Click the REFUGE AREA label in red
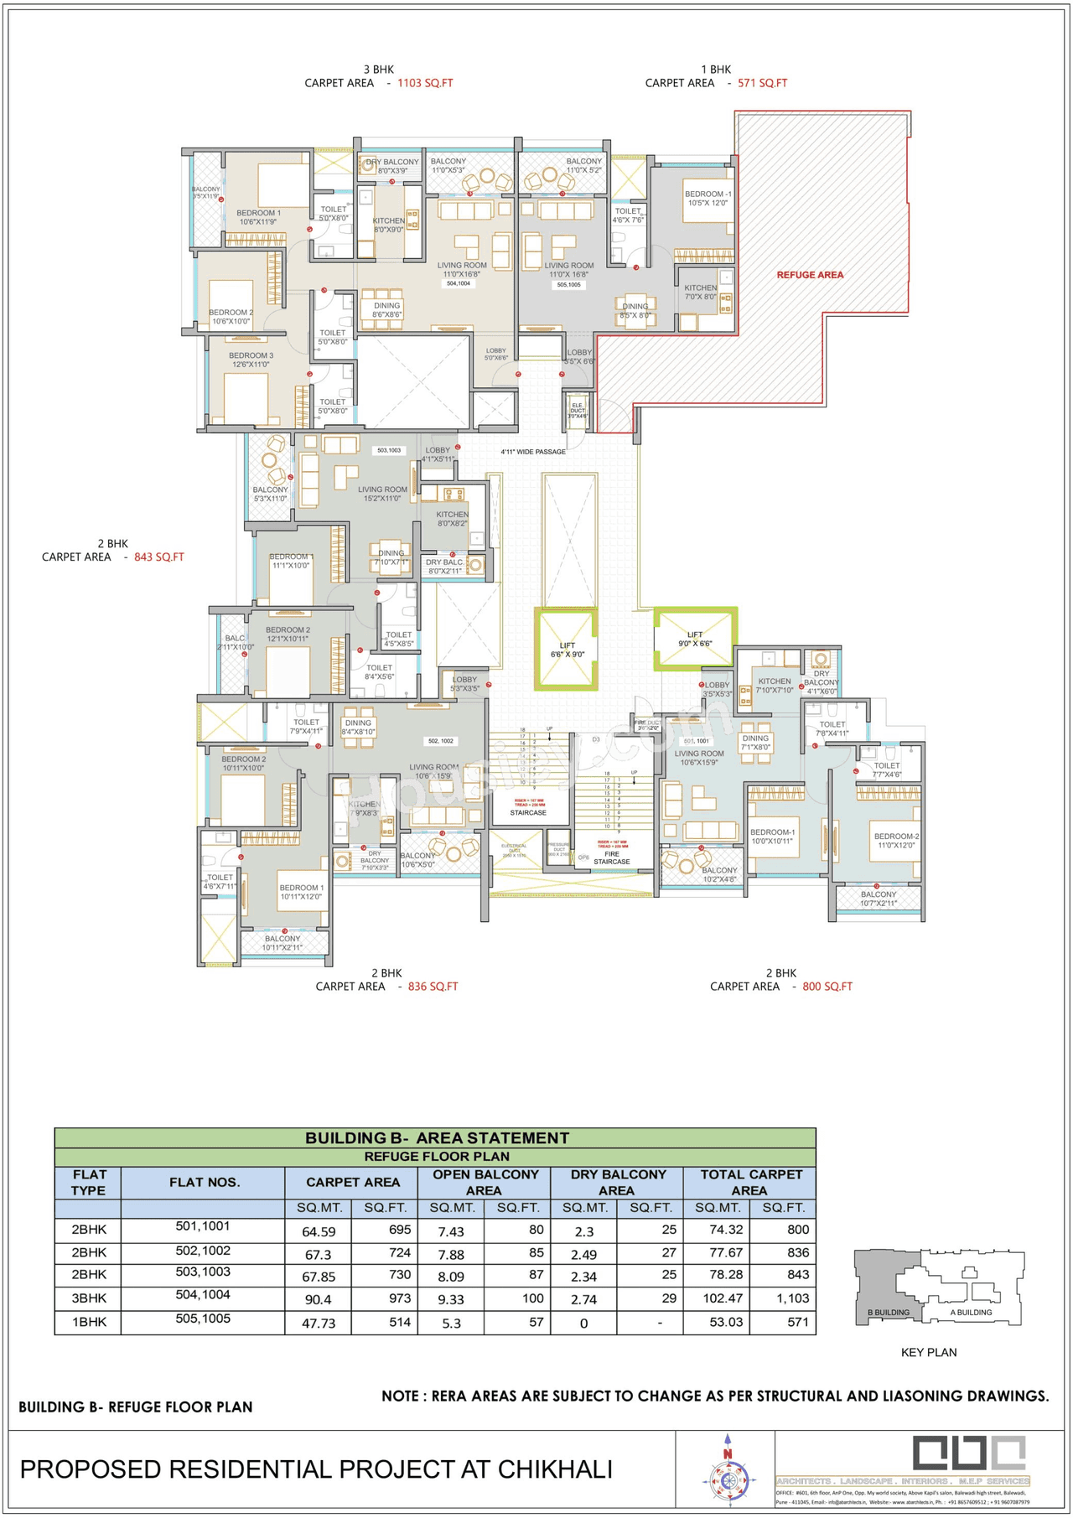pyautogui.click(x=809, y=275)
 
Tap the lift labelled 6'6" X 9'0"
pyautogui.click(x=567, y=650)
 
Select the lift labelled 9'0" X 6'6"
pyautogui.click(x=695, y=640)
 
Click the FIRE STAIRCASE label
pyautogui.click(x=611, y=857)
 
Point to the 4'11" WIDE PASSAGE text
pyautogui.click(x=533, y=452)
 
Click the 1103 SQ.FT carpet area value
pyautogui.click(x=425, y=83)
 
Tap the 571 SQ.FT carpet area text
pyautogui.click(x=762, y=83)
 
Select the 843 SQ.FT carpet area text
pyautogui.click(x=158, y=557)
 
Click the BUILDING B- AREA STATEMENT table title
pyautogui.click(x=436, y=1137)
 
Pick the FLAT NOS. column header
pyautogui.click(x=205, y=1182)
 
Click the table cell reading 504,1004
pyautogui.click(x=203, y=1294)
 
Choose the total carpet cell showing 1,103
pyautogui.click(x=792, y=1298)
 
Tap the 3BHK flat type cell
pyautogui.click(x=89, y=1298)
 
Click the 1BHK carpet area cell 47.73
pyautogui.click(x=318, y=1323)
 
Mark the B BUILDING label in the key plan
pyautogui.click(x=888, y=1312)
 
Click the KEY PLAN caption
pyautogui.click(x=928, y=1352)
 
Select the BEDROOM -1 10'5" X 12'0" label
pyautogui.click(x=708, y=199)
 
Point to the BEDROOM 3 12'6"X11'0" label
pyautogui.click(x=251, y=360)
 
